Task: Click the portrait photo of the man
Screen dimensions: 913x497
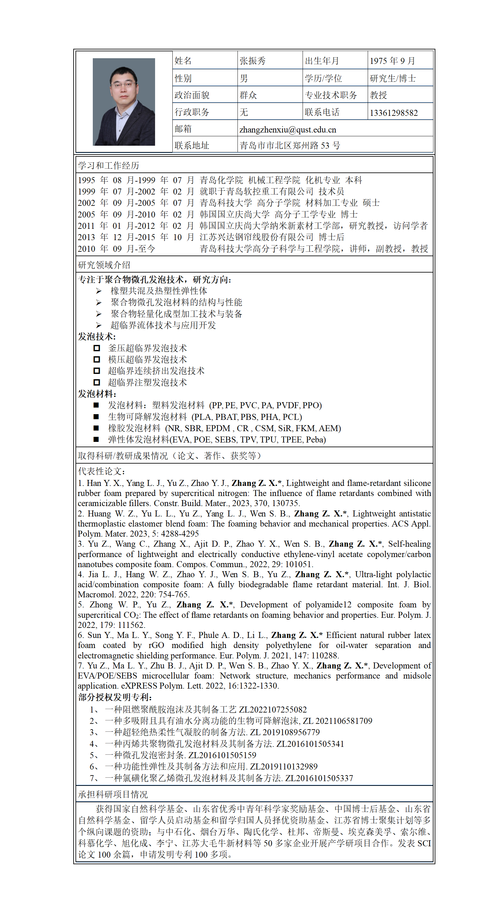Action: coord(124,102)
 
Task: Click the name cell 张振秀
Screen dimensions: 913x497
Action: coord(253,61)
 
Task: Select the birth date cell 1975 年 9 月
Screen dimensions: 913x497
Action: coord(392,61)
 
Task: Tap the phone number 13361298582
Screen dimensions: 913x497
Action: coord(394,113)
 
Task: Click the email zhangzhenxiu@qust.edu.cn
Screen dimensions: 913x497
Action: coord(288,130)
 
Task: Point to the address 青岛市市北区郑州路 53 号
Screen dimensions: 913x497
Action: coord(289,145)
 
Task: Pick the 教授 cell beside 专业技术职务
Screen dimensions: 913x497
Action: coord(378,95)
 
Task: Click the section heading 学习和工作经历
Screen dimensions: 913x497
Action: coord(109,166)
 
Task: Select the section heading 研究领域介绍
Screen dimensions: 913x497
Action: coord(104,265)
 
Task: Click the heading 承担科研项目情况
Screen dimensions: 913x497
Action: coord(113,794)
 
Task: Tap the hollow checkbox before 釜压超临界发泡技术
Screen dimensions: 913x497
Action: coord(96,348)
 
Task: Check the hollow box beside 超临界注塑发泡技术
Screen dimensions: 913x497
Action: coord(96,382)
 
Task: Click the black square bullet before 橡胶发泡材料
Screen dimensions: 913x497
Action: coord(96,428)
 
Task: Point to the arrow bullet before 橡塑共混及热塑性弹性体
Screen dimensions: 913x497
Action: coord(98,291)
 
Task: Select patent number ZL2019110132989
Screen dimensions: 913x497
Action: coord(284,766)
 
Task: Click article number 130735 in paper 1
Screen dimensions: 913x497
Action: coord(287,503)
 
